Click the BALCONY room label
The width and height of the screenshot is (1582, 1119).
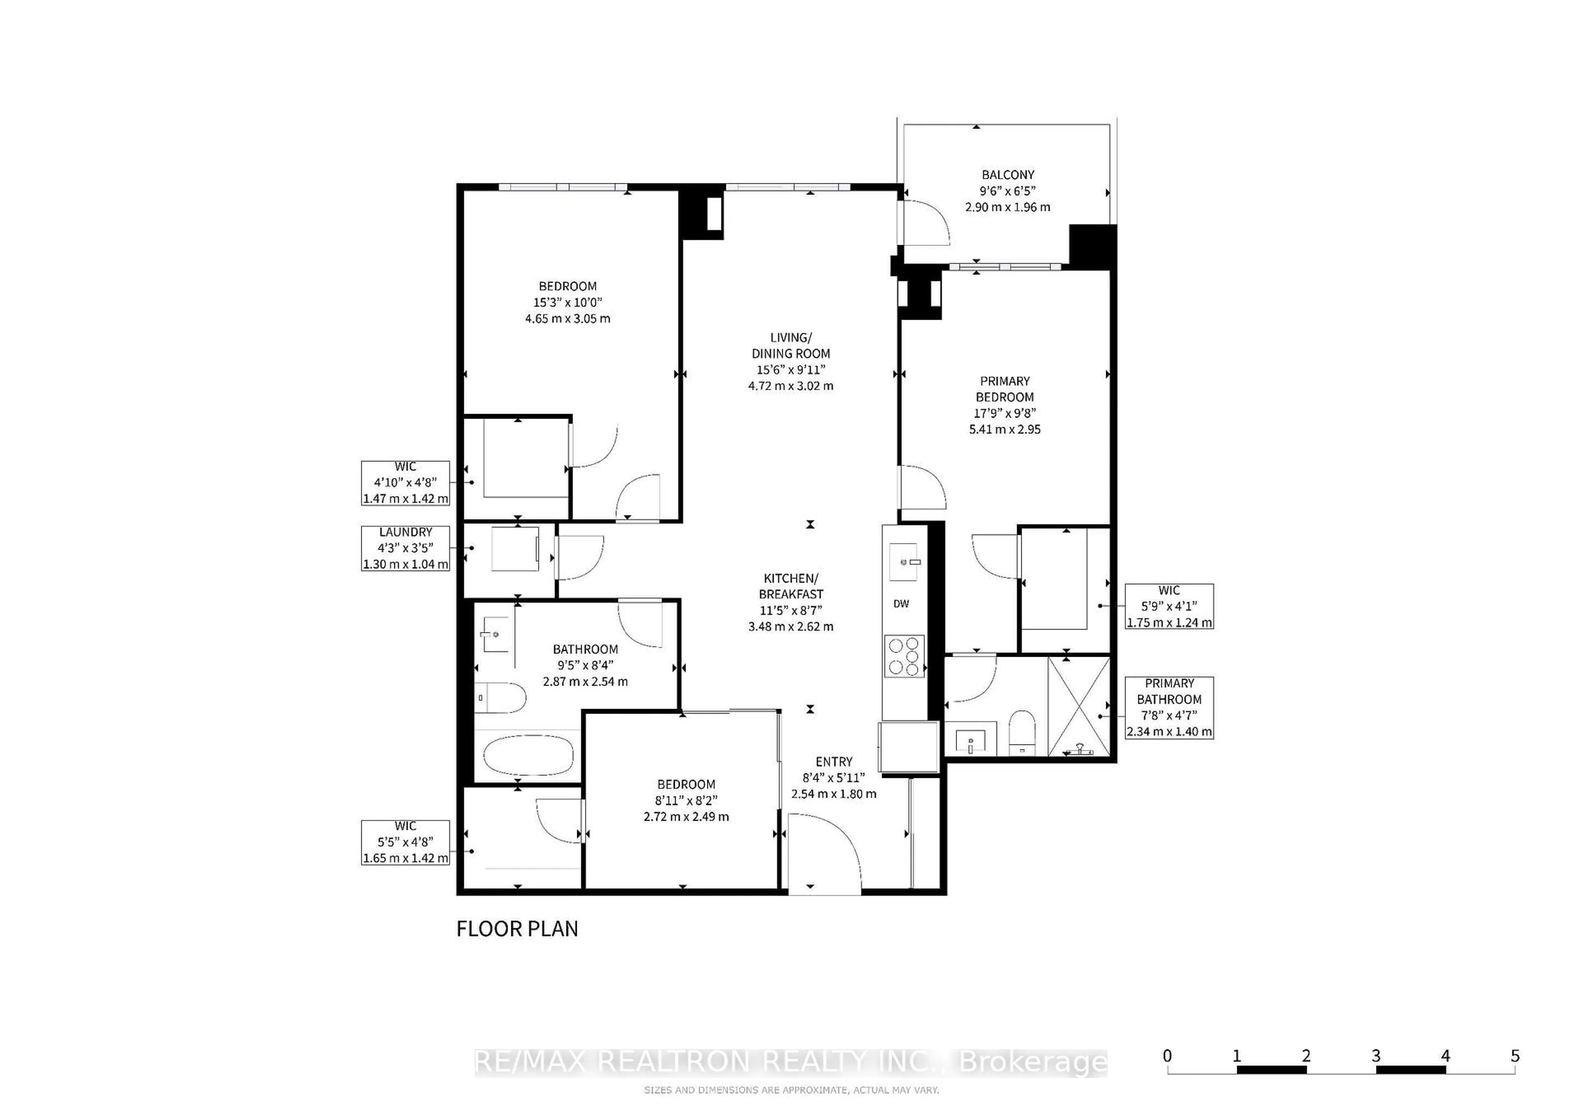click(x=1007, y=175)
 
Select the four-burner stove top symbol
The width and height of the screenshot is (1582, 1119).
click(x=904, y=656)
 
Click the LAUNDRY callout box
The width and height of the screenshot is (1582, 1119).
click(x=405, y=548)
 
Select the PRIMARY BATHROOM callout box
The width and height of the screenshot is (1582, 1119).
click(x=1169, y=708)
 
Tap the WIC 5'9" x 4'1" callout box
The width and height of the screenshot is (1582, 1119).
click(x=1169, y=606)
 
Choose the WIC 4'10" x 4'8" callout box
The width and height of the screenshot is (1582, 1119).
click(x=405, y=483)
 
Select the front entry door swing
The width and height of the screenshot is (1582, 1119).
click(x=824, y=853)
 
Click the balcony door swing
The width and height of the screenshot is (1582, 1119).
click(x=927, y=222)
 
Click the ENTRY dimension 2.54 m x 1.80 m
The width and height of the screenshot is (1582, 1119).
click(x=834, y=794)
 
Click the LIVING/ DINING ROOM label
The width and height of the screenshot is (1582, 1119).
click(x=791, y=345)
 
